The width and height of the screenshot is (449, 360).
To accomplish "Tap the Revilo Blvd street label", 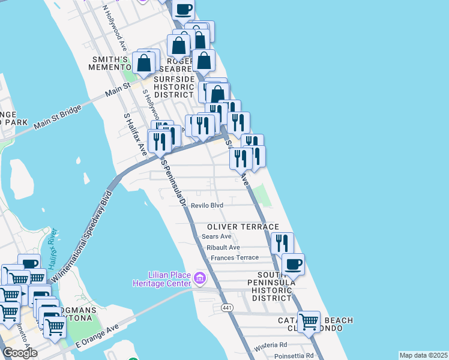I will tap(207, 205).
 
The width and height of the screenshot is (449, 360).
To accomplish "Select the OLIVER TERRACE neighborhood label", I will tap(243, 227).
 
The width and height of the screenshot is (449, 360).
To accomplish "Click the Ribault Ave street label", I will tap(223, 247).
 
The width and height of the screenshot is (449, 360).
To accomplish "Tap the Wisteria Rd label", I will tap(270, 345).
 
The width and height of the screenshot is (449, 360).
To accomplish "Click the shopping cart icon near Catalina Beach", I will tap(309, 321).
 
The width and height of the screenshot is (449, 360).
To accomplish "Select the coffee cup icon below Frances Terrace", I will tap(293, 264).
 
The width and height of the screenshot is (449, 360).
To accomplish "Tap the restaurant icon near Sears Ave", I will tap(282, 243).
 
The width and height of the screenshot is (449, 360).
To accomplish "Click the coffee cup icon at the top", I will tap(184, 9).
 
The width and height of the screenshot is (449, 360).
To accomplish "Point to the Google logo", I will tap(20, 353).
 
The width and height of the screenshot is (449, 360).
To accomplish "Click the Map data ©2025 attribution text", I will tap(423, 355).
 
